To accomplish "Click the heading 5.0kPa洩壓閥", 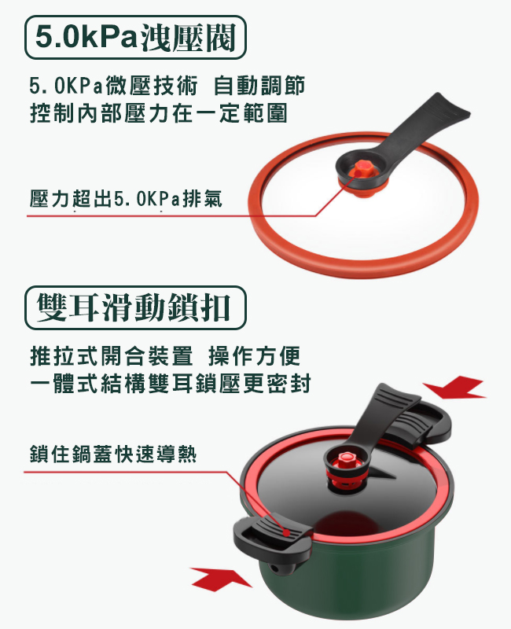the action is click(135, 37).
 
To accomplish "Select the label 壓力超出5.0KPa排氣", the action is click(126, 199).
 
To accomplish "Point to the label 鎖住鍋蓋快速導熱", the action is click(113, 454).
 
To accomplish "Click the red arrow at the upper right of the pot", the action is click(454, 387).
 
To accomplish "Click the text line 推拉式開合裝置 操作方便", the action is click(165, 356).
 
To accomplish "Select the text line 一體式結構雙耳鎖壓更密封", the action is click(171, 383).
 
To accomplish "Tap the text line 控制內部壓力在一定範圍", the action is click(159, 112).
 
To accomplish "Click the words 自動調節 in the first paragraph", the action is click(259, 86).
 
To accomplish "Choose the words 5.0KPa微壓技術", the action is click(113, 86).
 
